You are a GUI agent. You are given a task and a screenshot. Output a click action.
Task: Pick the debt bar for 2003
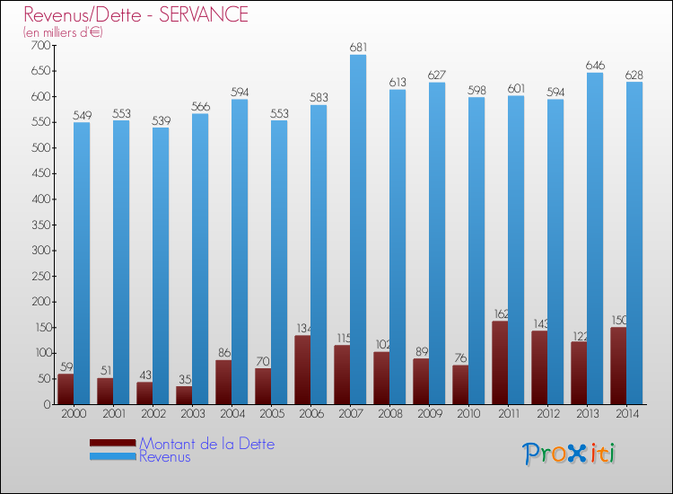point(184,395)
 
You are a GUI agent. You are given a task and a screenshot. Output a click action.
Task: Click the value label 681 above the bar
point(358,47)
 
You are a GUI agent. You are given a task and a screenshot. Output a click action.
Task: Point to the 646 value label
point(595,66)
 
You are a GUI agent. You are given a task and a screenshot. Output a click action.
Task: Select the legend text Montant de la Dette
point(207,444)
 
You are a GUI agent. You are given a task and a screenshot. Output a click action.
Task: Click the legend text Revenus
point(165,457)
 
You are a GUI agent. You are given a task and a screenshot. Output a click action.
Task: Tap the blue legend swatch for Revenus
point(112,457)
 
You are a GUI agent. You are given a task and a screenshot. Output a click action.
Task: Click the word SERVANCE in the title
point(203,14)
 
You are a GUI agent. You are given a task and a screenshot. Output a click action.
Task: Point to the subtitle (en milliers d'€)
point(63,32)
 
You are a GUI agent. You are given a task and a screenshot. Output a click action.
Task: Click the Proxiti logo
point(569,454)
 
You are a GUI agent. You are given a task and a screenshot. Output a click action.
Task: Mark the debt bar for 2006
point(302,370)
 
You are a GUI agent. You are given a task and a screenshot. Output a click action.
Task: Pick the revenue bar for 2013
point(595,238)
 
